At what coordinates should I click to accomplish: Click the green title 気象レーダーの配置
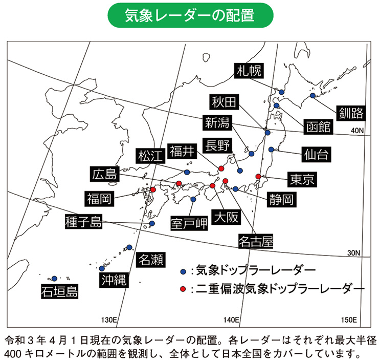[x=189, y=15]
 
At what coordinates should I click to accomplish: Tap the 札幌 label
[x=249, y=72]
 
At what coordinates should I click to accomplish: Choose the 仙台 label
[x=314, y=153]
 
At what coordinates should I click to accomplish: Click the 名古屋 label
[x=256, y=240]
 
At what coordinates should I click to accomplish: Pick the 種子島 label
[x=84, y=222]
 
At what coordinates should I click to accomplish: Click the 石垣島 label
[x=60, y=292]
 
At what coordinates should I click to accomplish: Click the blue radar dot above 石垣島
[x=54, y=279]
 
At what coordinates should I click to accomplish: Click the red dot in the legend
[x=183, y=289]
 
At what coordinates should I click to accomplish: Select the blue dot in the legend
[x=183, y=270]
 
